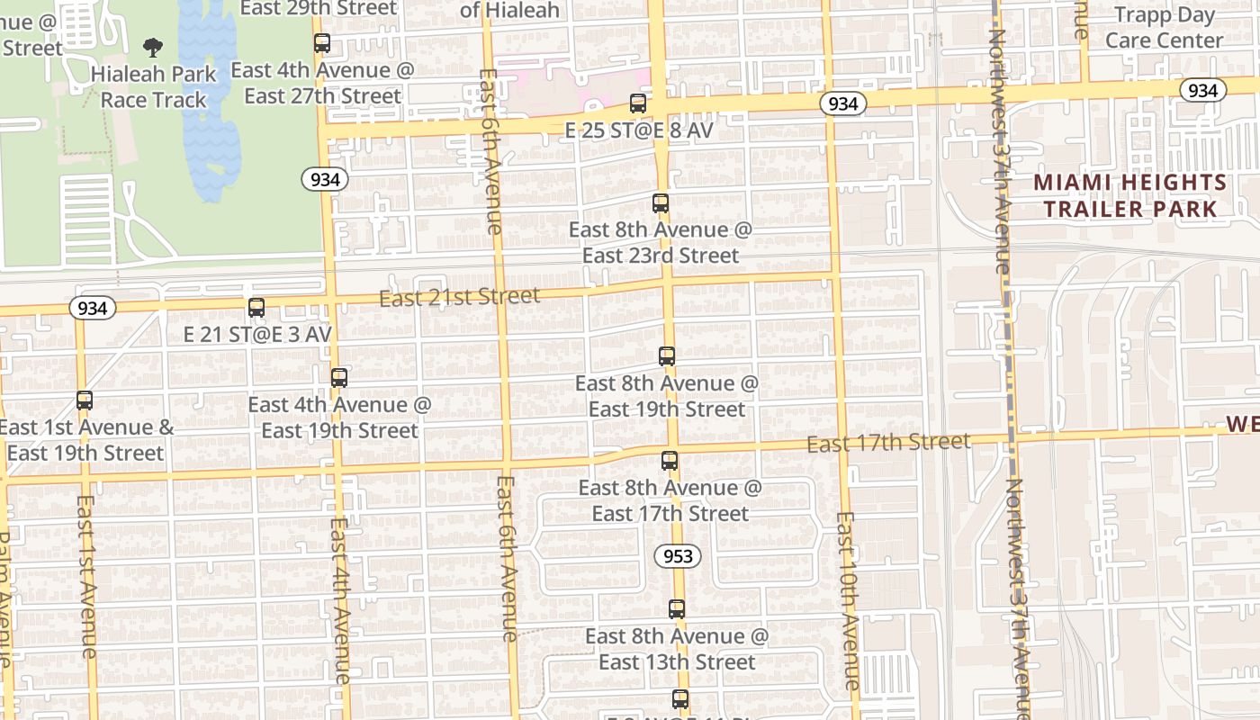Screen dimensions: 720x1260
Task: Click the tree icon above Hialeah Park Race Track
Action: [x=153, y=47]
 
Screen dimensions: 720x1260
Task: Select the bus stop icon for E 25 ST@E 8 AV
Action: [x=638, y=103]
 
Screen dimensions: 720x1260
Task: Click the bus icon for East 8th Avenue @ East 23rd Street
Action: [x=661, y=203]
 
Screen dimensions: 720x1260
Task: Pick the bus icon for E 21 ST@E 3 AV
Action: [x=256, y=308]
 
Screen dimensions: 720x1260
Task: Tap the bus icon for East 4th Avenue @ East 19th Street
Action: [x=339, y=378]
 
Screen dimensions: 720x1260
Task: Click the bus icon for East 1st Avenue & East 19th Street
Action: [x=85, y=400]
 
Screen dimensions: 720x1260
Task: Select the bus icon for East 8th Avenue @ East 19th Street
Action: [x=667, y=356]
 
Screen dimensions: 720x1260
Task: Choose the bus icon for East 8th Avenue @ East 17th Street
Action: [x=670, y=461]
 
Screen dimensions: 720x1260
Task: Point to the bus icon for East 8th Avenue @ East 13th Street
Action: [x=677, y=609]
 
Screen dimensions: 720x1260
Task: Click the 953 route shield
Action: [x=678, y=556]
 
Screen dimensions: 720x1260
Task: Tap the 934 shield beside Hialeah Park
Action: [x=325, y=180]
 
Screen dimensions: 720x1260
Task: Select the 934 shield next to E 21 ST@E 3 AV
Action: [x=92, y=309]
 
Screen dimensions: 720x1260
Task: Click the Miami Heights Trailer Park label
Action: [x=1129, y=196]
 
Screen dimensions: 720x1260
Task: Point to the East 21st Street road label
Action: [x=459, y=297]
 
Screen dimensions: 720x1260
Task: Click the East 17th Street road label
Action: [x=888, y=443]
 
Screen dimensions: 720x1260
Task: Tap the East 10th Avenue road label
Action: [x=849, y=600]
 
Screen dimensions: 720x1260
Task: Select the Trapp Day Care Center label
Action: [x=1165, y=27]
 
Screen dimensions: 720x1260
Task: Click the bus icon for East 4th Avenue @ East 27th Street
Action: [x=322, y=43]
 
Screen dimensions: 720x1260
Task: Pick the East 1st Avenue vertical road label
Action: [x=87, y=576]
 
